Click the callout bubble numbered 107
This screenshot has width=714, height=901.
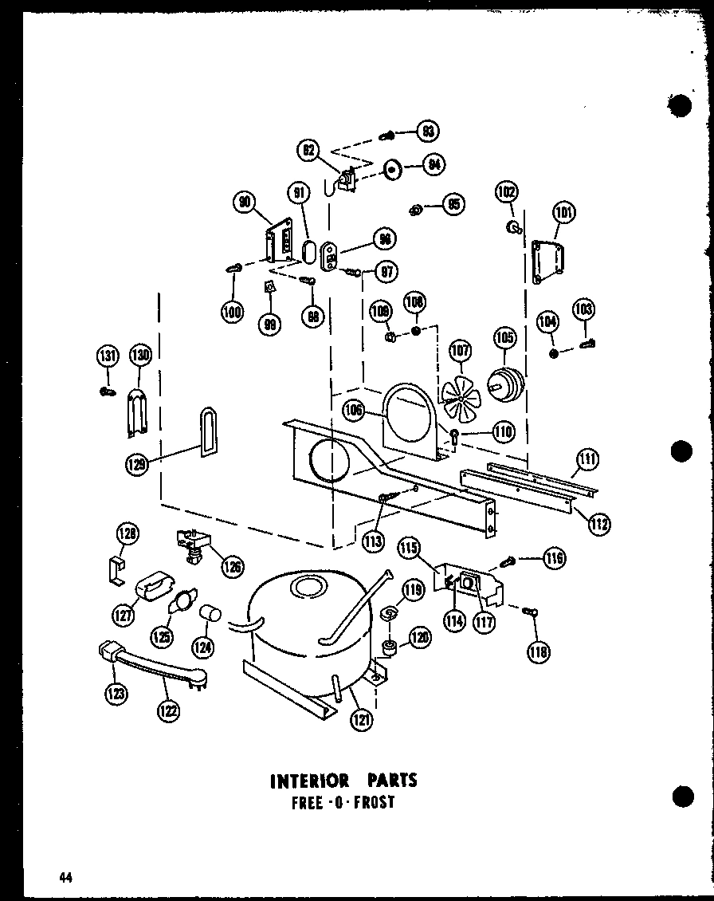(x=460, y=350)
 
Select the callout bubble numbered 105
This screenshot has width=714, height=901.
(x=504, y=339)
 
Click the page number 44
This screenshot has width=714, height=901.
(x=65, y=878)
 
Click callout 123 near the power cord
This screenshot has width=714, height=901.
(x=115, y=694)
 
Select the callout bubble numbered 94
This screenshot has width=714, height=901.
(x=433, y=165)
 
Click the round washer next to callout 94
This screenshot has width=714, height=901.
(x=392, y=170)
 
